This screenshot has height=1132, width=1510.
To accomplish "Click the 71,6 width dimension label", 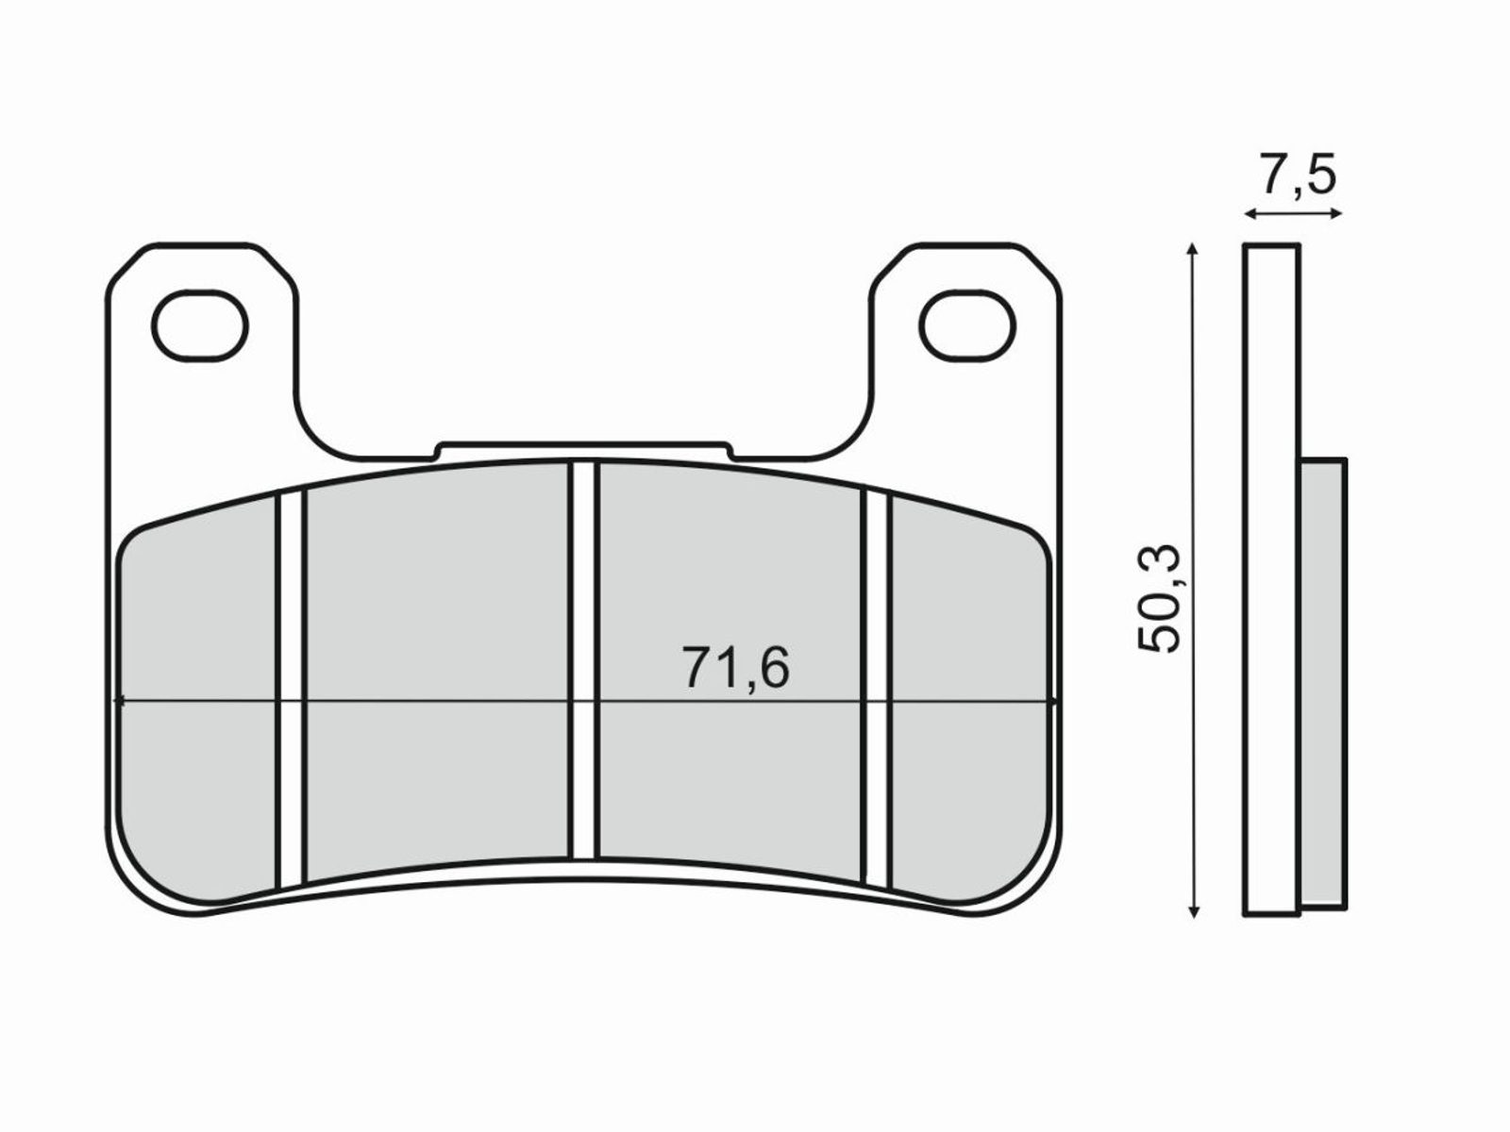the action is tap(735, 667).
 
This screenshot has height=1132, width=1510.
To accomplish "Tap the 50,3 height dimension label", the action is tap(1159, 597).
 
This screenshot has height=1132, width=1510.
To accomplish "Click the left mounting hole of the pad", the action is tap(199, 325).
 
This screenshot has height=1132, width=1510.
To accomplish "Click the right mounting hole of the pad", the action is tap(967, 325).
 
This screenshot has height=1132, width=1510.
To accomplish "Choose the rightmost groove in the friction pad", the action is tap(877, 688).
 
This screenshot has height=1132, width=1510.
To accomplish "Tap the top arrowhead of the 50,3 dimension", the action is tap(1193, 249).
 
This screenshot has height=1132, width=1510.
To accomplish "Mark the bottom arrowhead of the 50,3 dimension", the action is tap(1194, 910).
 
